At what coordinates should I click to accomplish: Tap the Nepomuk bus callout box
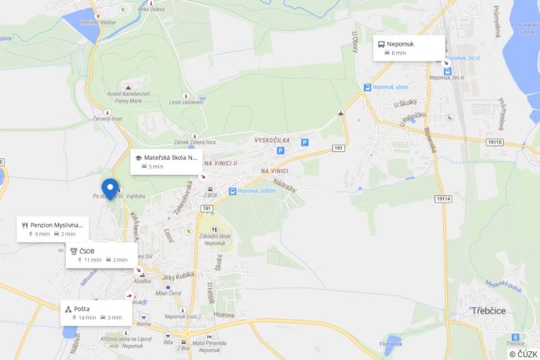(409, 47)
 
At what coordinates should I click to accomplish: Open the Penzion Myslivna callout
(52, 228)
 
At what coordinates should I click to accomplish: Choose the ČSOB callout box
(101, 254)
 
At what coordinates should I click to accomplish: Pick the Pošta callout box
(95, 313)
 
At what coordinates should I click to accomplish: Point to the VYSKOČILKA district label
(272, 140)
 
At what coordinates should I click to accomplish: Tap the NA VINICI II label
(221, 163)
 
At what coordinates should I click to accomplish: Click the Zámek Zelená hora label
(195, 142)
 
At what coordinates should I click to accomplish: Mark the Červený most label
(107, 118)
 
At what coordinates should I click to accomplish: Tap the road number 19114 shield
(443, 199)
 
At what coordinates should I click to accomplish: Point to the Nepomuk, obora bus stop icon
(367, 87)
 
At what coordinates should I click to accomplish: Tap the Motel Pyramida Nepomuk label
(209, 344)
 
